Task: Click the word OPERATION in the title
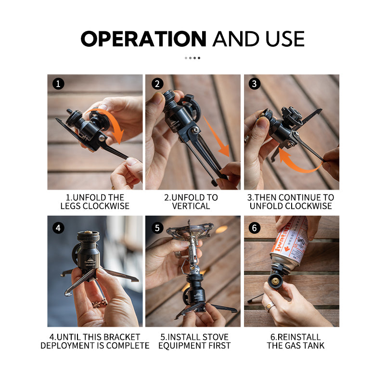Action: tap(143, 38)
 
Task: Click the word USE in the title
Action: tap(281, 38)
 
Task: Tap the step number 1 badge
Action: tap(58, 84)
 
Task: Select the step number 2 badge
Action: tap(157, 84)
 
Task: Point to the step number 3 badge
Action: tap(255, 84)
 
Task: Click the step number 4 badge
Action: tap(58, 228)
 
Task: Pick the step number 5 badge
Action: tap(157, 228)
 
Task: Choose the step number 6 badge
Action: tap(255, 228)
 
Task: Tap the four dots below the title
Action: tap(192, 58)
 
